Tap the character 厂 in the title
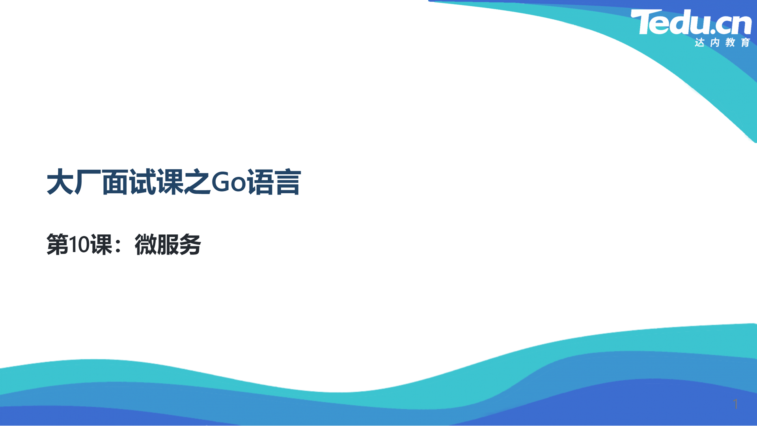pos(88,182)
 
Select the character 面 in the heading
pos(115,182)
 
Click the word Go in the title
pos(229,182)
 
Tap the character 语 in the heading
pos(261,182)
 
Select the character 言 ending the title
pos(288,182)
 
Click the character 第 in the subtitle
pos(58,245)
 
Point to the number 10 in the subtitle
pos(79,245)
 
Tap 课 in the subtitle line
pos(101,245)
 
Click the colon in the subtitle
pos(118,246)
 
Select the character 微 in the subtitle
pos(146,245)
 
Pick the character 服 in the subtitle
pos(168,245)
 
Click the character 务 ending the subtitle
pos(190,245)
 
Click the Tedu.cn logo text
pos(691,22)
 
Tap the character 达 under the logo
pos(700,42)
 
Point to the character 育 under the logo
pos(746,42)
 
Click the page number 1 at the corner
pos(735,404)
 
